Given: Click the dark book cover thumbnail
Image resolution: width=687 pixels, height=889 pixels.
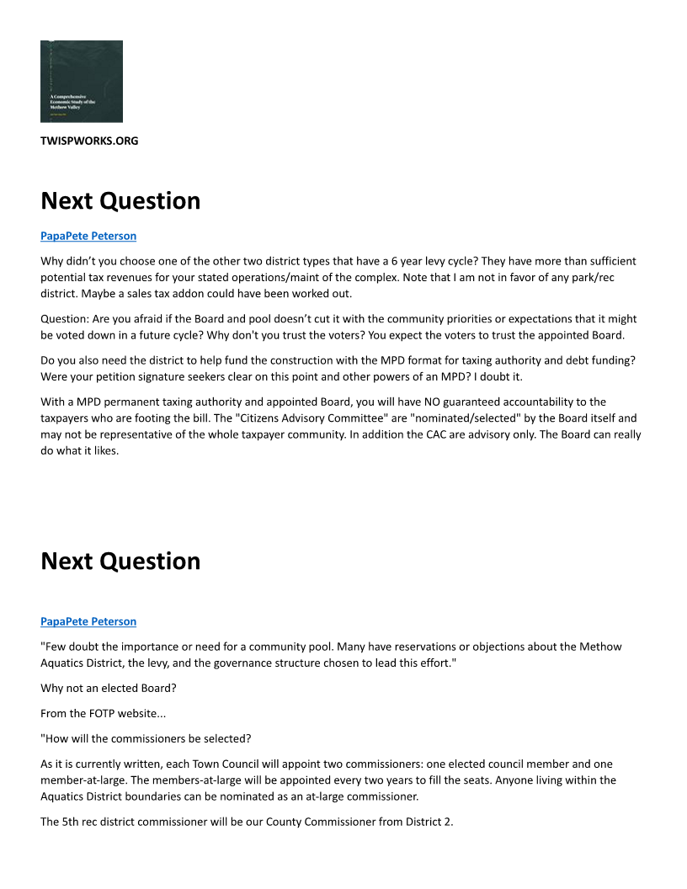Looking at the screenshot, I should coord(82,82).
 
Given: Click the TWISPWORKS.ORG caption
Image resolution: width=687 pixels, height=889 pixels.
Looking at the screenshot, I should coord(89,141).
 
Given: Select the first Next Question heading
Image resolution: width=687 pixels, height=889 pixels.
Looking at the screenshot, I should coord(120,201).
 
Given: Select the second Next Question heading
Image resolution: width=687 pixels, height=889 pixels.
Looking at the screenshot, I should coord(120,562).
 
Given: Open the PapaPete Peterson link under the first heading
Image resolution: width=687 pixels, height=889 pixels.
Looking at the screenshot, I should coord(88,236).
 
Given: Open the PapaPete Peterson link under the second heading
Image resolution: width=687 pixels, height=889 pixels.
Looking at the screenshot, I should coord(88,621).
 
